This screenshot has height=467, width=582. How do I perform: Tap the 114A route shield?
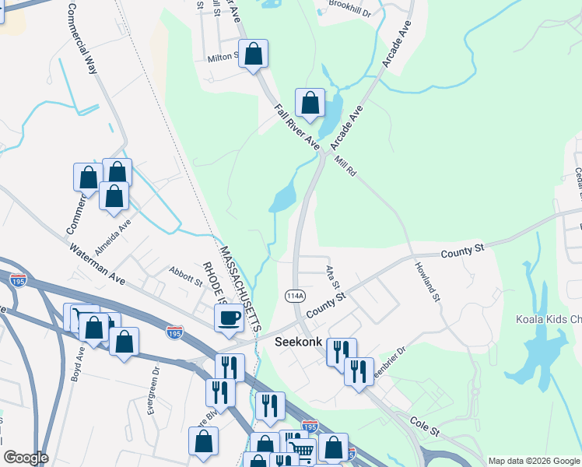click(294, 296)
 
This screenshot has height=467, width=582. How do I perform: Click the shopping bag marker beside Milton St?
click(254, 54)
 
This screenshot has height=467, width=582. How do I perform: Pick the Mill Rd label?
click(345, 166)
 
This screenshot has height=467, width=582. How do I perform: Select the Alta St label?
click(333, 276)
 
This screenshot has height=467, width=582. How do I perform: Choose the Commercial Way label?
click(81, 39)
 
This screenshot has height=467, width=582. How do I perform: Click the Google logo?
click(26, 458)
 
